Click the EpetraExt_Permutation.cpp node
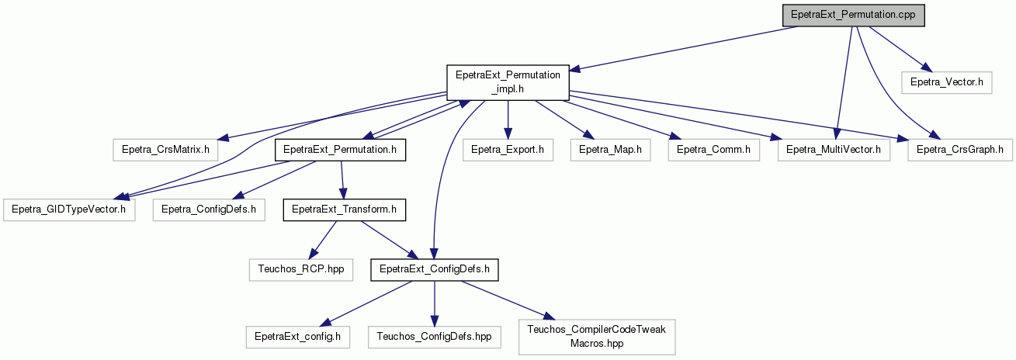(x=853, y=15)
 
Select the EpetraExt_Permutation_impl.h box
(x=508, y=82)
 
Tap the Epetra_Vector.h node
(x=947, y=82)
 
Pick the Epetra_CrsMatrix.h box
(x=165, y=150)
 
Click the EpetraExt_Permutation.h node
(x=340, y=150)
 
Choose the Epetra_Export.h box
(x=508, y=150)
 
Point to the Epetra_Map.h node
(x=610, y=150)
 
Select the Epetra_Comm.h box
(x=713, y=150)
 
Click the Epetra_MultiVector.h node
(x=834, y=150)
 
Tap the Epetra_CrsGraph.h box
(x=960, y=150)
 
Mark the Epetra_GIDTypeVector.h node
(x=69, y=210)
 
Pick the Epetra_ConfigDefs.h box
(x=209, y=210)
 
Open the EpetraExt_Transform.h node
(x=345, y=210)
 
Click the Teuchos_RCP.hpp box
(x=300, y=269)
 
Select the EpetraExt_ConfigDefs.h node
(x=435, y=269)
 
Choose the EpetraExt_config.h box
(x=297, y=337)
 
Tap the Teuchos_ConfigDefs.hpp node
(x=434, y=337)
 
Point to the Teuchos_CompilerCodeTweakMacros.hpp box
(x=596, y=337)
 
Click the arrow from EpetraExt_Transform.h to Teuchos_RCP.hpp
(x=322, y=240)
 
